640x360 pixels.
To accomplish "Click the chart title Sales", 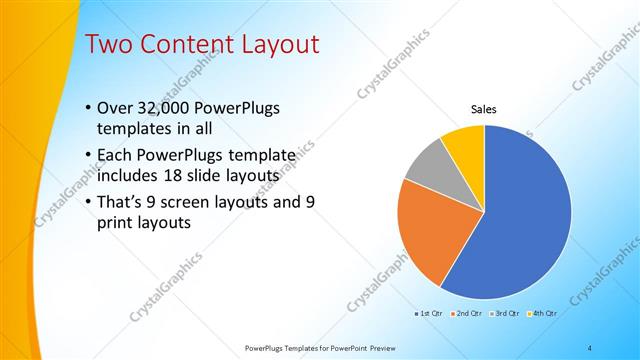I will click(x=484, y=109).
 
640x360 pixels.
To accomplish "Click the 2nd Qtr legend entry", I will click(x=468, y=313).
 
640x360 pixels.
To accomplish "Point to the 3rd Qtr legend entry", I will click(x=505, y=313).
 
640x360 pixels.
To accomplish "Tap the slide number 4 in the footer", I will click(x=590, y=348).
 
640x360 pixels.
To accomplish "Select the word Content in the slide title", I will click(x=186, y=44).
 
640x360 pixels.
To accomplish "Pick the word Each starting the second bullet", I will click(x=115, y=155).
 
